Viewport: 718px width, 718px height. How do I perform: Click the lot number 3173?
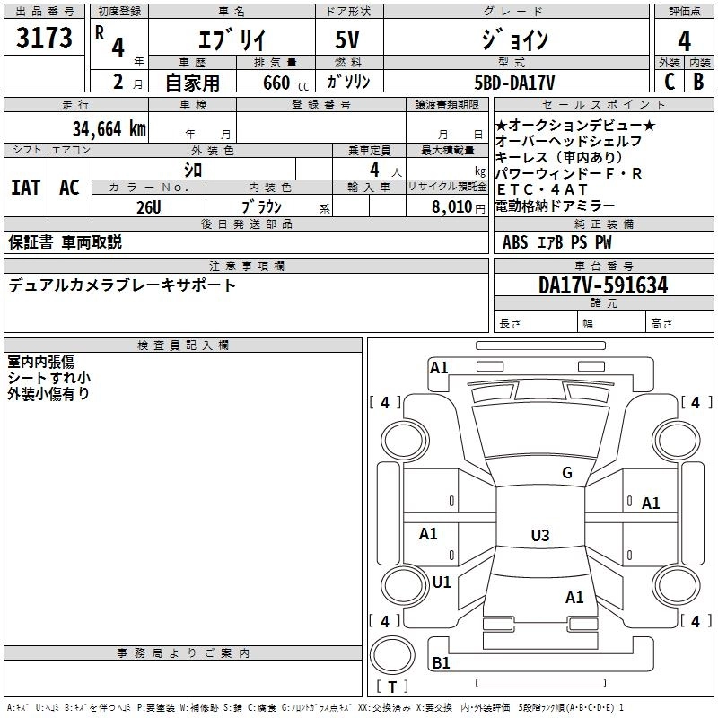[x=44, y=38]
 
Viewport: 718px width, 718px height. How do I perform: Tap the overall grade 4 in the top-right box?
[x=684, y=41]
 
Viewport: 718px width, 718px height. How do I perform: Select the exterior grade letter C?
[x=670, y=82]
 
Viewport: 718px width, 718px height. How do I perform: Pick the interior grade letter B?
[x=698, y=82]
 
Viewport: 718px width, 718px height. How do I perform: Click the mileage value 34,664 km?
[x=109, y=129]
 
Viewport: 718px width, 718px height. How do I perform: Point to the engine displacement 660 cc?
[x=285, y=83]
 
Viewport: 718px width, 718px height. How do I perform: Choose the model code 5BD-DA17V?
[x=514, y=83]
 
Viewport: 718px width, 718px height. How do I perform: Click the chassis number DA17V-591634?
[x=603, y=285]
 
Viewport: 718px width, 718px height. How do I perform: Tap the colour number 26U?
[x=149, y=207]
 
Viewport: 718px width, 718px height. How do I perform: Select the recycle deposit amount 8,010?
[x=452, y=207]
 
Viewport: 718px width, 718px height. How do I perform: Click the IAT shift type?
[x=26, y=188]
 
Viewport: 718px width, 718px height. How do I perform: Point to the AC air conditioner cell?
[x=70, y=188]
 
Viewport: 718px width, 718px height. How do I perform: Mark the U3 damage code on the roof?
[x=540, y=535]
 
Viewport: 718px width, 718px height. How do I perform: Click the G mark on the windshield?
[x=567, y=472]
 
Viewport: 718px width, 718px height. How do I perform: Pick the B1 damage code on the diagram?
[x=441, y=662]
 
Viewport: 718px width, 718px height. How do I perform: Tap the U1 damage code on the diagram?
[x=442, y=582]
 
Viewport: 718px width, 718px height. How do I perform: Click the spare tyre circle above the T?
[x=392, y=655]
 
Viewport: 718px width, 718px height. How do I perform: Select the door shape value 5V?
[x=347, y=39]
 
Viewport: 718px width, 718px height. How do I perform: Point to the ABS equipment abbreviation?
[x=515, y=242]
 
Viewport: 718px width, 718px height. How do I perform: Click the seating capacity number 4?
[x=374, y=170]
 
